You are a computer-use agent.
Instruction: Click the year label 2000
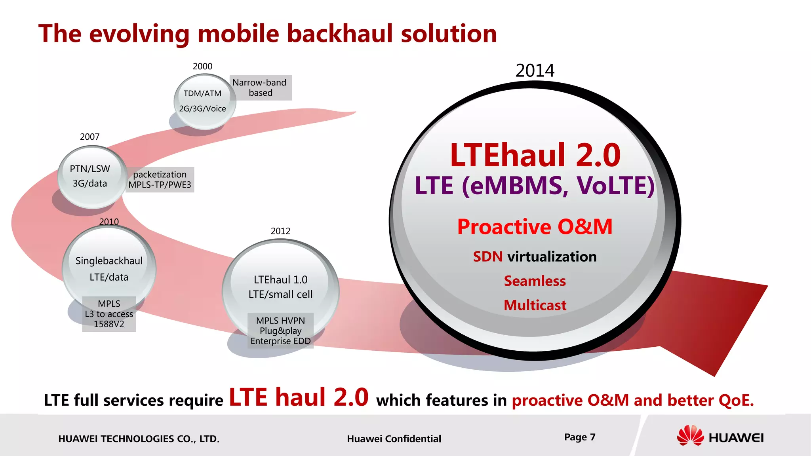202,66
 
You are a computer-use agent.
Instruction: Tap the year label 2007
89,137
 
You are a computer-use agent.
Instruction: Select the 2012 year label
280,231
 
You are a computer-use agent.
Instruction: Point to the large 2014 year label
535,70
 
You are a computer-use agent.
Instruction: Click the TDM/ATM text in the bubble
202,93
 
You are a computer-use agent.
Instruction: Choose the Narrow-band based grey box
261,87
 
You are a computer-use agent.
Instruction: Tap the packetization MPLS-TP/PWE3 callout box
160,179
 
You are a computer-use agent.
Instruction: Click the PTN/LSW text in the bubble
90,169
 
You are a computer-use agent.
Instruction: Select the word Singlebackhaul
109,260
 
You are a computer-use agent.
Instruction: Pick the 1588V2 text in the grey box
109,324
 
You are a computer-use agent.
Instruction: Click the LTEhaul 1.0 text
280,279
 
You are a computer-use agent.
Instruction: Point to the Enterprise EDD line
280,341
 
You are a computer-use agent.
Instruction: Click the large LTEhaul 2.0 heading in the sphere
535,155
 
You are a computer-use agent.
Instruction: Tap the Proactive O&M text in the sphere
535,227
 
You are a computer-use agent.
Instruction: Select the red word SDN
488,256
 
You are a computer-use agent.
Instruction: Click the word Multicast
535,305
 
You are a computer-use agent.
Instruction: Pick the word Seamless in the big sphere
535,281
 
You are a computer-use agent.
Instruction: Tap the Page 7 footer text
580,437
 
